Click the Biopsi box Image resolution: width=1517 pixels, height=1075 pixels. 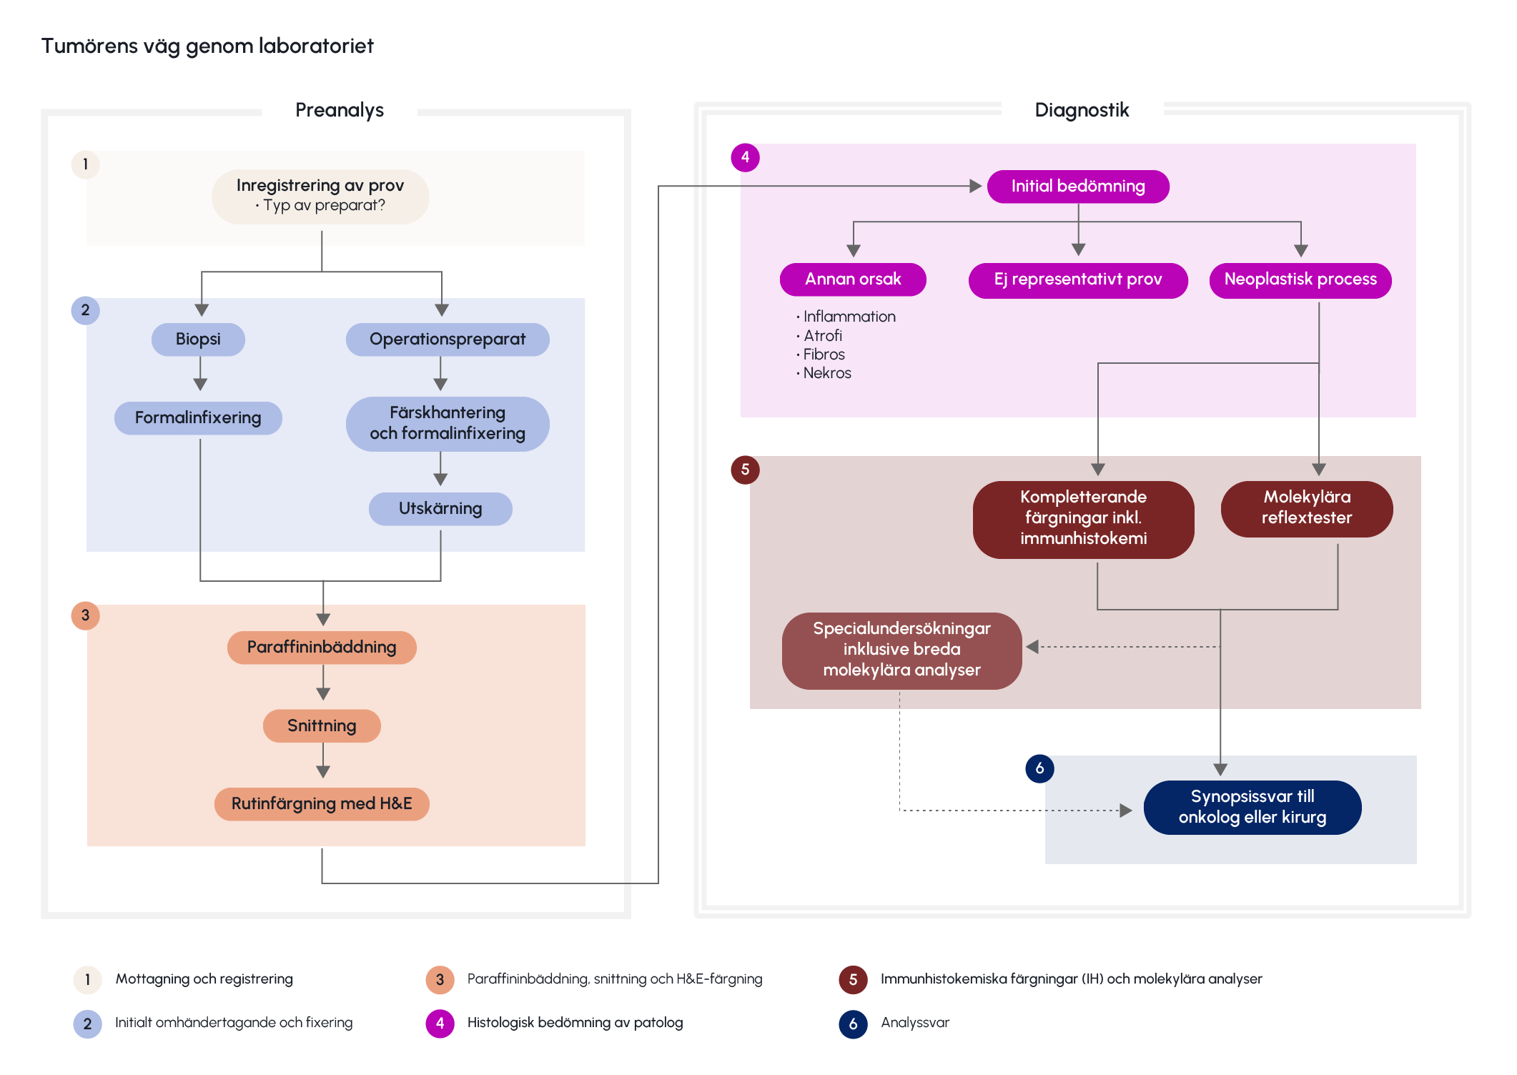pyautogui.click(x=198, y=339)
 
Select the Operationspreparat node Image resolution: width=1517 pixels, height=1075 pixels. pyautogui.click(x=448, y=339)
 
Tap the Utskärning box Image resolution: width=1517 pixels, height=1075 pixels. pyautogui.click(x=440, y=509)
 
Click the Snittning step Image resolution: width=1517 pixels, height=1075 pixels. pyautogui.click(x=322, y=725)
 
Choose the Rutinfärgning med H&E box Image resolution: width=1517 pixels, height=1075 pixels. pyautogui.click(x=322, y=803)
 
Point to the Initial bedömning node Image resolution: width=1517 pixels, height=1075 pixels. pyautogui.click(x=1078, y=187)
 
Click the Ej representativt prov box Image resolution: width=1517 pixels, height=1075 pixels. pyautogui.click(x=1078, y=279)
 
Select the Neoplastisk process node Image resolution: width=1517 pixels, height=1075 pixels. pyautogui.click(x=1300, y=279)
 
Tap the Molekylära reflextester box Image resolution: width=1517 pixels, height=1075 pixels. pyautogui.click(x=1307, y=507)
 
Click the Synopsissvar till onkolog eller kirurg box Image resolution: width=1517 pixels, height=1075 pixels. pyautogui.click(x=1252, y=807)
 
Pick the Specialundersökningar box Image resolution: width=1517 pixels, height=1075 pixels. pyautogui.click(x=901, y=650)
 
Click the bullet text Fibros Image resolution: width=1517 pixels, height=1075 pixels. pyautogui.click(x=824, y=355)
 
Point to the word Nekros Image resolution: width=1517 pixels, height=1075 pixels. pyautogui.click(x=827, y=373)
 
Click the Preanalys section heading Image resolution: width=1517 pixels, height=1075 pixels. pyautogui.click(x=340, y=110)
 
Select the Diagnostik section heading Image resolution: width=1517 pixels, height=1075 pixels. pyautogui.click(x=1082, y=110)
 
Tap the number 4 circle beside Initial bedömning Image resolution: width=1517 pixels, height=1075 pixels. pyautogui.click(x=745, y=157)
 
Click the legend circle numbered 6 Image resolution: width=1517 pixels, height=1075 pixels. pyautogui.click(x=853, y=1024)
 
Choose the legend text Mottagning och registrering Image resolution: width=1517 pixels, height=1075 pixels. pyautogui.click(x=204, y=979)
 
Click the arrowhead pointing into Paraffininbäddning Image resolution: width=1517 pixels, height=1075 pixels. pyautogui.click(x=323, y=619)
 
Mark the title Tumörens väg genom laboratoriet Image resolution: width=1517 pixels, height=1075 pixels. pyautogui.click(x=207, y=46)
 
